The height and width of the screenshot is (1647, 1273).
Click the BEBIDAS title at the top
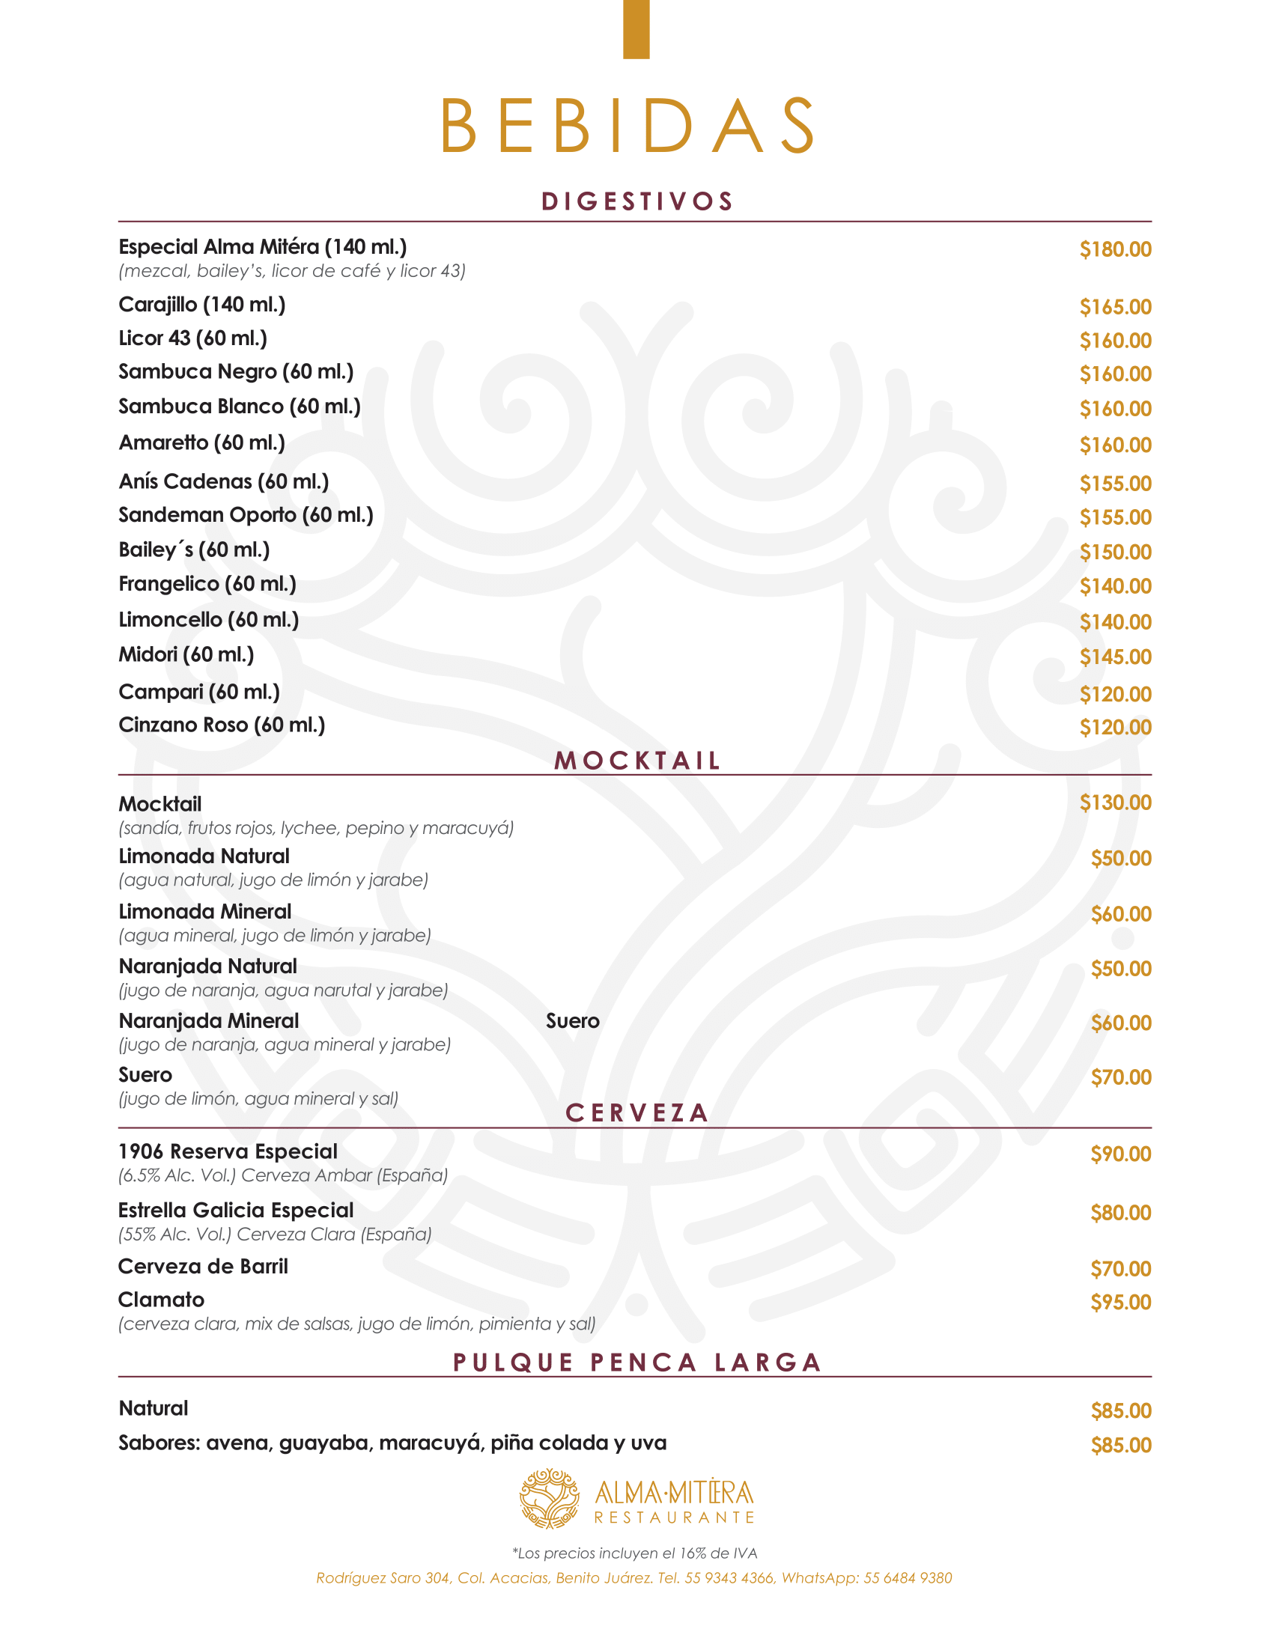[x=628, y=125]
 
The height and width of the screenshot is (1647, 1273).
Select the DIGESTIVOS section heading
[x=637, y=201]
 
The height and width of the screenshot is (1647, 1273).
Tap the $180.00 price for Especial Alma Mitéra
[x=1115, y=249]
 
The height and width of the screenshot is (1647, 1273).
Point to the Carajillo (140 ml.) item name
[x=202, y=305]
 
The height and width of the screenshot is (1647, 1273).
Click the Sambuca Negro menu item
[x=236, y=372]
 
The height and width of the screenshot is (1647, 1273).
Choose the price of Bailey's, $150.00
[x=1115, y=552]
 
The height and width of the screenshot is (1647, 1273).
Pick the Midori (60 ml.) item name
[x=186, y=654]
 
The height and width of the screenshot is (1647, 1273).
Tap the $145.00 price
[x=1115, y=657]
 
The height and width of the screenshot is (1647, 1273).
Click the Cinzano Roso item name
[x=222, y=725]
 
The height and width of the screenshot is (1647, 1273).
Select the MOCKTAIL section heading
[x=637, y=760]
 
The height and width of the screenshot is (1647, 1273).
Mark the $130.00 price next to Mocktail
[x=1115, y=803]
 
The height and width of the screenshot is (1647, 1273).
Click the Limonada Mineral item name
[x=204, y=912]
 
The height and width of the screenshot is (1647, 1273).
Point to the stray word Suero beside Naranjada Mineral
[x=572, y=1021]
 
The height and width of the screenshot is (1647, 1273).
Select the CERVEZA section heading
[x=637, y=1113]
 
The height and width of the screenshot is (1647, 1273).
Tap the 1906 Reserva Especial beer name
[x=228, y=1151]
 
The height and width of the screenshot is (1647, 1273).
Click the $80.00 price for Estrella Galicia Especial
[x=1120, y=1213]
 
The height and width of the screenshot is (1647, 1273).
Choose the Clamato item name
[x=162, y=1300]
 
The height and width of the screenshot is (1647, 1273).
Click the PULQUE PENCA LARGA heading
[x=637, y=1363]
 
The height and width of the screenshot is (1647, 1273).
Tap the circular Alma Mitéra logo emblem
[x=550, y=1499]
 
